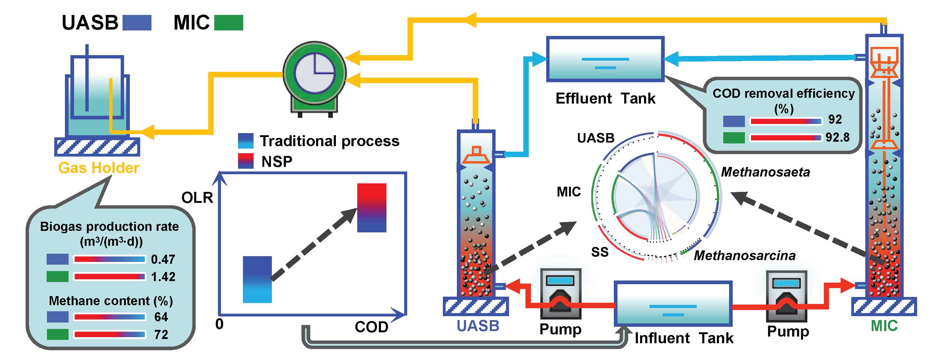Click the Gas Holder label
coord(98,168)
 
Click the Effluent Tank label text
coord(605,98)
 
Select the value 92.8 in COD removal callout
coord(837,137)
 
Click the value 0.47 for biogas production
coord(163,259)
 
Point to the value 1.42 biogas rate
coord(163,277)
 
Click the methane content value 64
coord(161,317)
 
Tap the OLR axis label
coord(197,198)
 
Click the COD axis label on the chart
coord(371,327)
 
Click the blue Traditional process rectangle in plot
coord(257,279)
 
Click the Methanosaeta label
coord(765,172)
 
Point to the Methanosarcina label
coord(745,255)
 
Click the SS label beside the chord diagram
coord(600,252)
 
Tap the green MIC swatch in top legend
coord(228,23)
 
